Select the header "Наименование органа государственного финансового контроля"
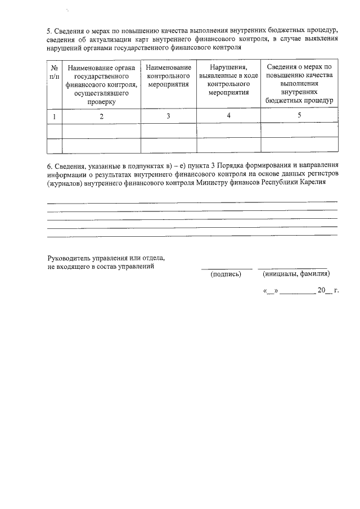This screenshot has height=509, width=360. coord(101,84)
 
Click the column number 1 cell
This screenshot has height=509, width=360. coord(54,116)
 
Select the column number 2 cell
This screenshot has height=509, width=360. coord(101,116)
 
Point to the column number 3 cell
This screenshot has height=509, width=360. coord(168,116)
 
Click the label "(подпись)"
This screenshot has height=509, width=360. coord(226,274)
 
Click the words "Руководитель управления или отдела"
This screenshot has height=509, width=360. coord(106,258)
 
